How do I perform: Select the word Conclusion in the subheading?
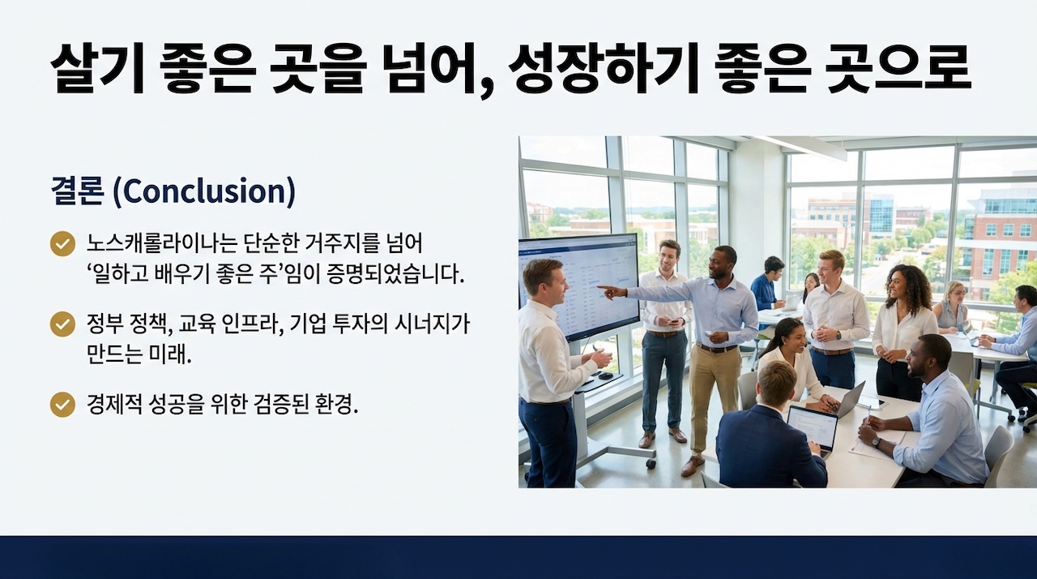point(203,191)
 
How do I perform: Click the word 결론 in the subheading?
point(77,191)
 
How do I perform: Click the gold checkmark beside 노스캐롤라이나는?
point(62,243)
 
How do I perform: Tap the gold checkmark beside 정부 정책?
point(62,324)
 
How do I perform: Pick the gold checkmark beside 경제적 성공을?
point(62,405)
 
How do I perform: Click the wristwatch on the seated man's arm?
point(876,441)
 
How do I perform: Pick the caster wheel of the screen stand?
point(651,463)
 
